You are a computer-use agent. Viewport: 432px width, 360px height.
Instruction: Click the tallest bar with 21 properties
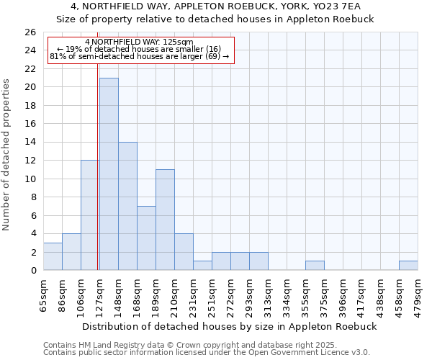click(109, 174)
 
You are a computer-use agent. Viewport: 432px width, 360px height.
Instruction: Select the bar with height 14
click(127, 206)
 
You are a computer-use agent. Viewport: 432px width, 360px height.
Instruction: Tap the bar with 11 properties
click(165, 220)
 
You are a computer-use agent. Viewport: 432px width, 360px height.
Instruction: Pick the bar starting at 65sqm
click(53, 256)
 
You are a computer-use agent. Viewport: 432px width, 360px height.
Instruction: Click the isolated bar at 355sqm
click(315, 266)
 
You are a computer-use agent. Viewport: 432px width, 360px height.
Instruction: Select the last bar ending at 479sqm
click(408, 266)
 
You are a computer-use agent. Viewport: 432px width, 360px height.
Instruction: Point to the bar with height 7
click(146, 238)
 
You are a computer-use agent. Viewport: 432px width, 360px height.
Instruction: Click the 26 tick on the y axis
click(30, 32)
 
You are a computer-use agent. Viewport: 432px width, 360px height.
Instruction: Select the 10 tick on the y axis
click(30, 179)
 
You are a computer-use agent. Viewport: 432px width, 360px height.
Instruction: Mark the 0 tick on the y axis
click(33, 271)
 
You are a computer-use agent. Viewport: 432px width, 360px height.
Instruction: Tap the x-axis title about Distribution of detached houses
click(230, 326)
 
